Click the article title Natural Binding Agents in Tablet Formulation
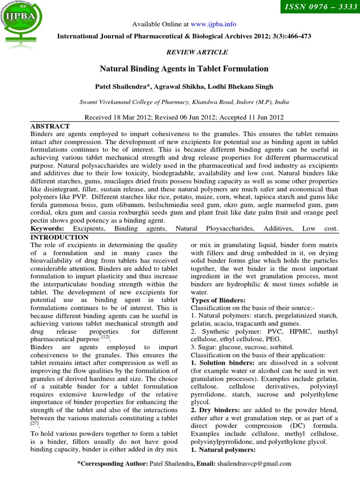click(x=184, y=69)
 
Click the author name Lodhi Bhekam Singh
click(x=245, y=87)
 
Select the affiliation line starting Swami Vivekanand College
click(x=184, y=102)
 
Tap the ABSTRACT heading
click(x=50, y=127)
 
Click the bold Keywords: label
click(x=47, y=228)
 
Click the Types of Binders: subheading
click(x=218, y=300)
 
